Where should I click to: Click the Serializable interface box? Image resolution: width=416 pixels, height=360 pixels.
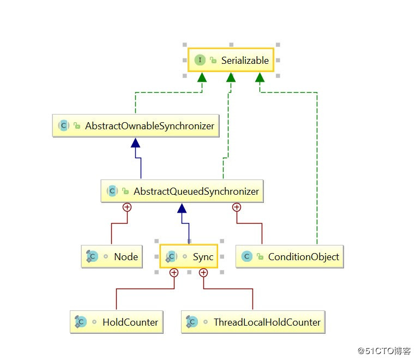231,60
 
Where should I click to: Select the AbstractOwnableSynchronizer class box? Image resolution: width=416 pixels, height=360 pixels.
136,125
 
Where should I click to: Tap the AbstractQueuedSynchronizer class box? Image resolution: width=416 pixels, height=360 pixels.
182,191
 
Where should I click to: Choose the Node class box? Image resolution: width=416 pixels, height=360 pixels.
112,256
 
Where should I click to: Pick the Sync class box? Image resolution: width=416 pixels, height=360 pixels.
189,256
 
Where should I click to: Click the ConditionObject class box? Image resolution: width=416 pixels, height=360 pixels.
290,256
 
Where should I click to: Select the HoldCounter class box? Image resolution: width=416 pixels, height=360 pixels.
117,322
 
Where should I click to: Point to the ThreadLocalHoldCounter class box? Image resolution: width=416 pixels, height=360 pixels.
253,322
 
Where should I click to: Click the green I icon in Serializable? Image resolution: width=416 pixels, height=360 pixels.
200,60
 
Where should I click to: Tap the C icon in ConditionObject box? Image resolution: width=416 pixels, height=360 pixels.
247,256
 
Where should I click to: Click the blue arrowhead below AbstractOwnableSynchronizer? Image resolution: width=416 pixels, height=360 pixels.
136,143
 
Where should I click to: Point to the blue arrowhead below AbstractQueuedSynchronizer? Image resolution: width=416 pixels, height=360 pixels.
182,208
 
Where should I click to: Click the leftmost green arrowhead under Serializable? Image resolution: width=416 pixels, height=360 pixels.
202,77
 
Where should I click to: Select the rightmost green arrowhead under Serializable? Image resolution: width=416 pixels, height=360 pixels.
260,77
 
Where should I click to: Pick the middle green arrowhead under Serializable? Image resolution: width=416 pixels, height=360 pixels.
231,77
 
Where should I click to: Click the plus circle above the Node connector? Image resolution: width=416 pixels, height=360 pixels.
127,207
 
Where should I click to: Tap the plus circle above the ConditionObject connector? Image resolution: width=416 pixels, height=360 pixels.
237,207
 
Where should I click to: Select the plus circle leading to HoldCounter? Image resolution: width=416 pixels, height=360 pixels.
174,273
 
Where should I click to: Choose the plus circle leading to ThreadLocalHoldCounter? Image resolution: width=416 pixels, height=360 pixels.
203,273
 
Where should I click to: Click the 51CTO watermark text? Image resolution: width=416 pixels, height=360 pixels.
384,351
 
